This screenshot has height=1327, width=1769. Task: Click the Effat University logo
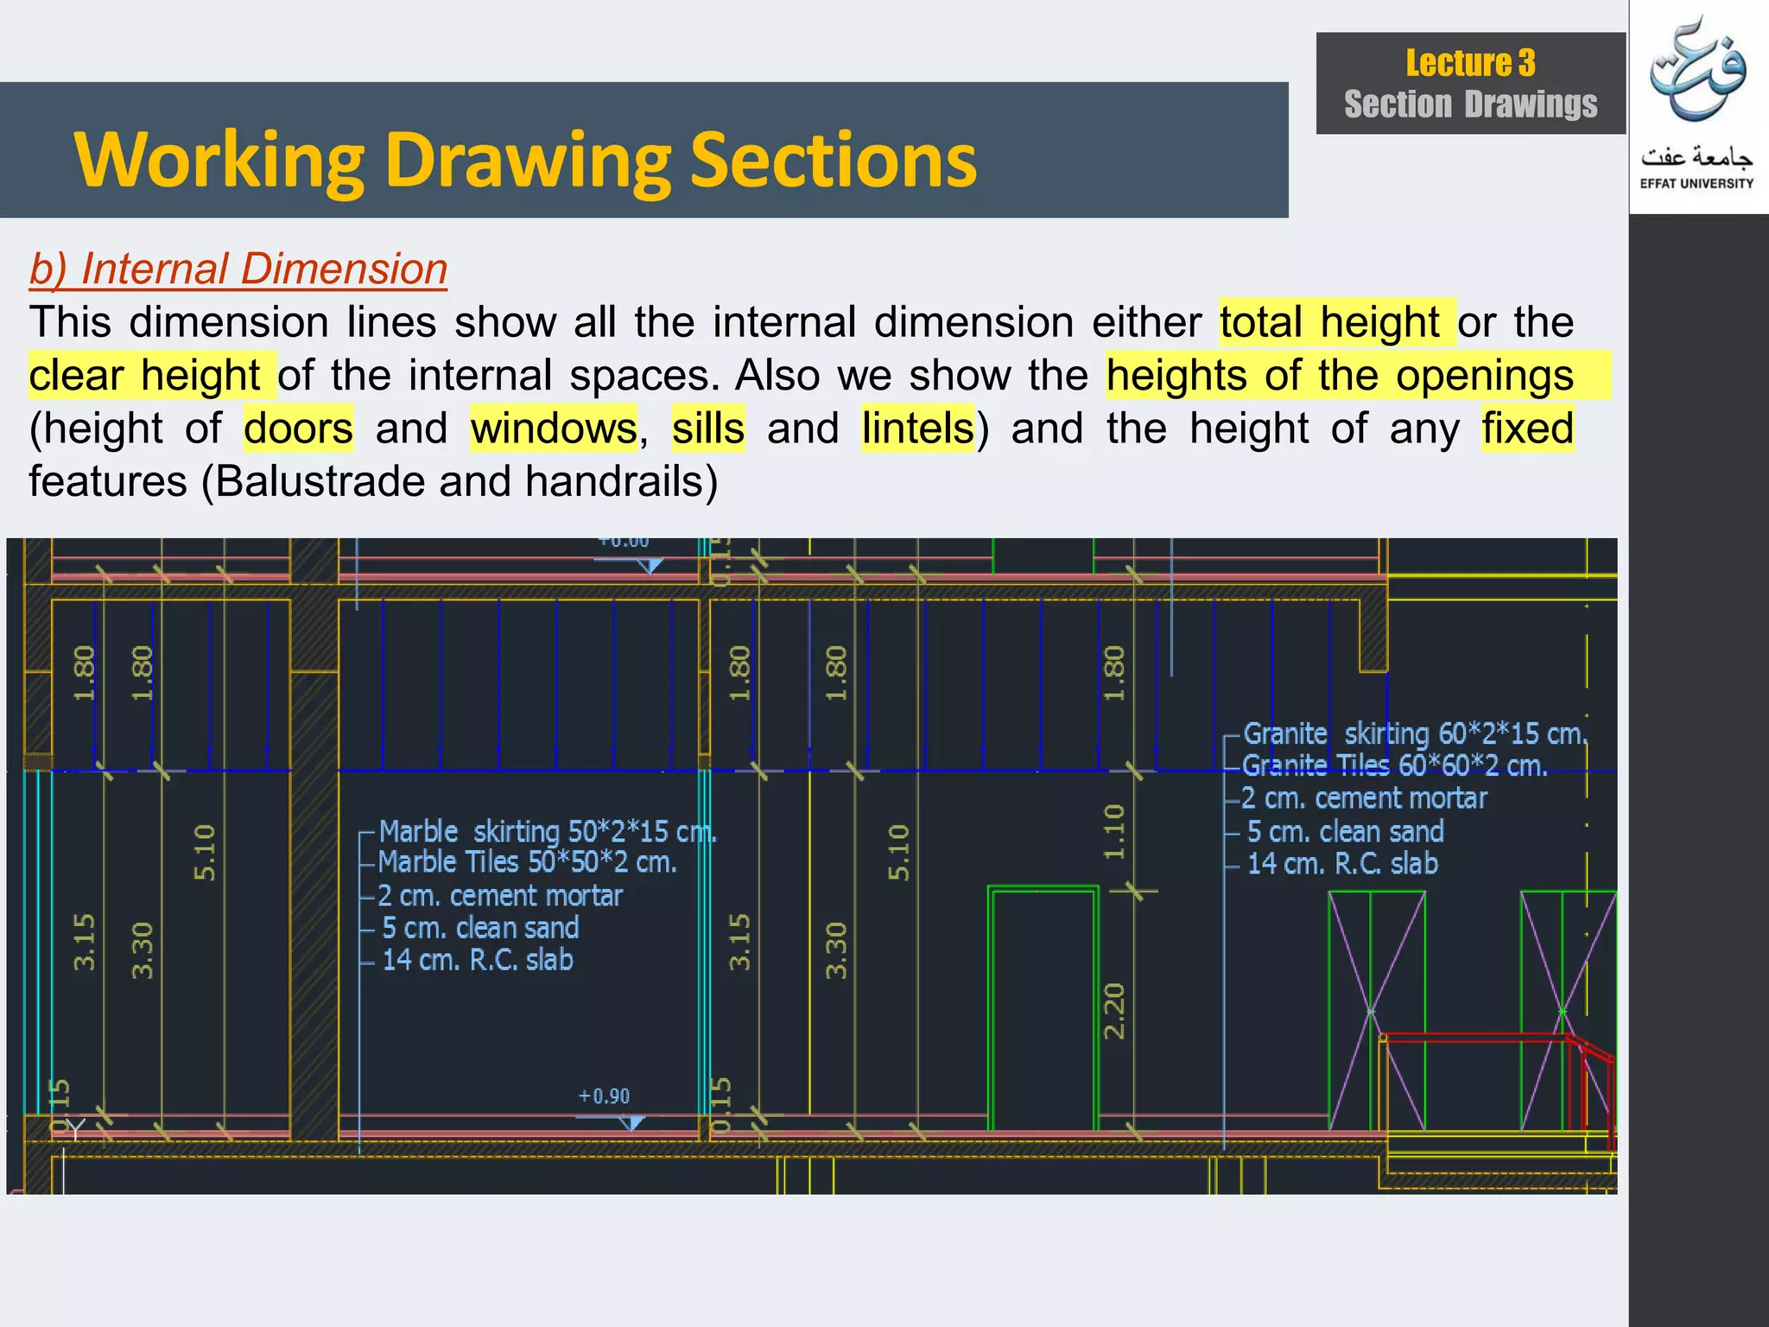pyautogui.click(x=1697, y=104)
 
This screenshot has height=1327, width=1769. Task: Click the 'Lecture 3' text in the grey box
pyautogui.click(x=1470, y=63)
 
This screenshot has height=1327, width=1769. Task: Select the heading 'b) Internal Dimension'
pyautogui.click(x=238, y=269)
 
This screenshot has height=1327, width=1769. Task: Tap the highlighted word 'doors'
pyautogui.click(x=298, y=429)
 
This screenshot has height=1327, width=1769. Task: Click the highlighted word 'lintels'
pyautogui.click(x=918, y=429)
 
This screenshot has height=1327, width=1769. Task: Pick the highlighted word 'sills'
pyautogui.click(x=708, y=429)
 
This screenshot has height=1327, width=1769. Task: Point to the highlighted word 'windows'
pyautogui.click(x=554, y=429)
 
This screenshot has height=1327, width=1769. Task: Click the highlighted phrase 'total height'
pyautogui.click(x=1329, y=322)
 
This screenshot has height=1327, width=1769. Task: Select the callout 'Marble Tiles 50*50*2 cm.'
pyautogui.click(x=527, y=862)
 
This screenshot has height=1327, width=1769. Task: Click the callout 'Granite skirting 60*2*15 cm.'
pyautogui.click(x=1415, y=734)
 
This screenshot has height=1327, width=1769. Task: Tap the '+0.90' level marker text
pyautogui.click(x=604, y=1096)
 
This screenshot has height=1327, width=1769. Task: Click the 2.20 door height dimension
pyautogui.click(x=1115, y=1011)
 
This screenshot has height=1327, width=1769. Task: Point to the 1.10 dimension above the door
pyautogui.click(x=1115, y=831)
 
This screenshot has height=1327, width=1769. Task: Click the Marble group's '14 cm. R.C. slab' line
pyautogui.click(x=477, y=960)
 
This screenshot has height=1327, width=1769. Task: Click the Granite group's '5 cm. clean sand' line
pyautogui.click(x=1345, y=832)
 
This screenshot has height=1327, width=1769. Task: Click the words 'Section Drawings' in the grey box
pyautogui.click(x=1470, y=105)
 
